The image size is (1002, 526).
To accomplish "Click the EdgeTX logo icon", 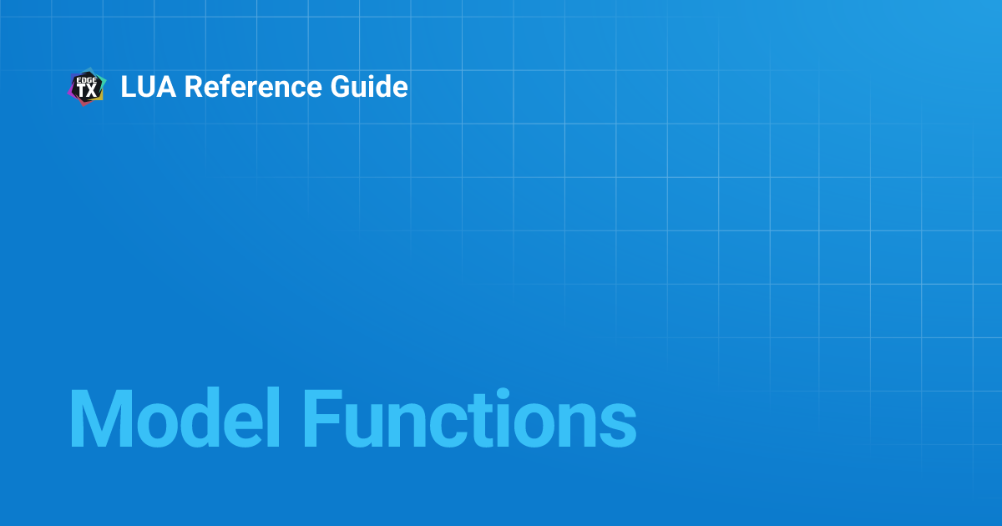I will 86,87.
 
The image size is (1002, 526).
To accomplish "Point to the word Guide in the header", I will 372,87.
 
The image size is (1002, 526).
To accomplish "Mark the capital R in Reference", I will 192,87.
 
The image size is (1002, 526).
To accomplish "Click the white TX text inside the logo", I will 87,91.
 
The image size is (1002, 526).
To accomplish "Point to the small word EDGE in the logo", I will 87,79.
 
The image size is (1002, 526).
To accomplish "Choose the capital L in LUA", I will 128,87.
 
